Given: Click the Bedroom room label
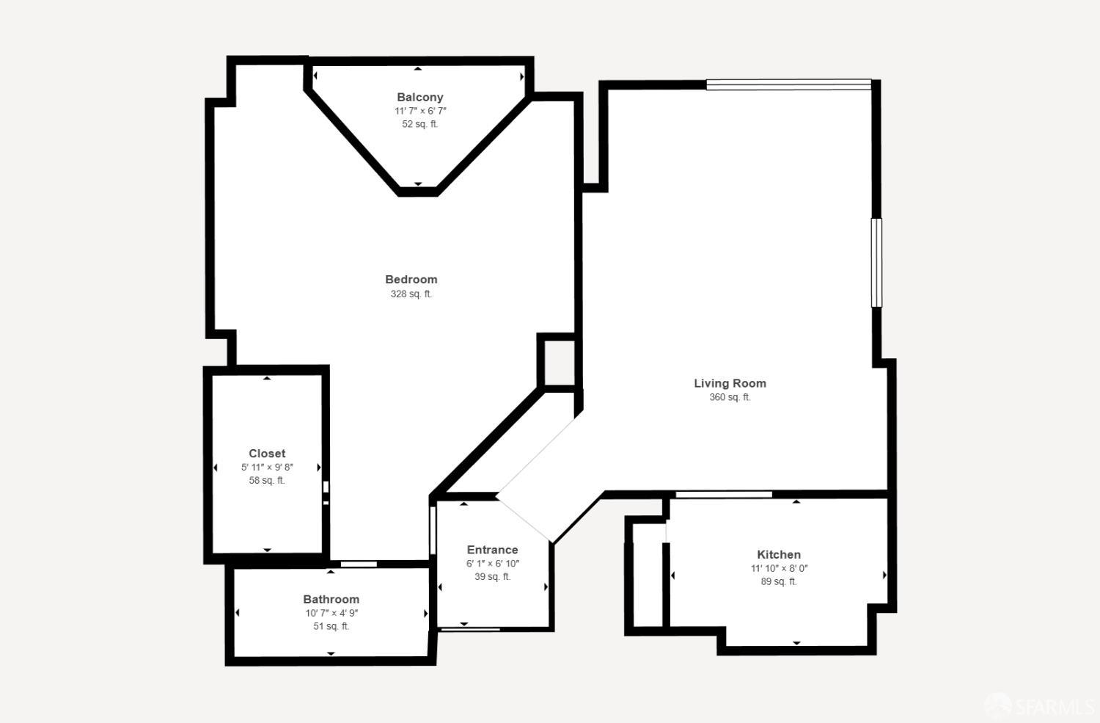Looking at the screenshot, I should coord(411,279).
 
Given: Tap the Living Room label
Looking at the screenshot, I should coord(730,383).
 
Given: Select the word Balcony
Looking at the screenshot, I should coord(419,97).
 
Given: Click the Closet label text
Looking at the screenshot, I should coord(267,454).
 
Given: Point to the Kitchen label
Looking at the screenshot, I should coord(778,554).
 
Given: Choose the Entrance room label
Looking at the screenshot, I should coord(492,550).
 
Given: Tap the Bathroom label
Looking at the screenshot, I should coord(331,599).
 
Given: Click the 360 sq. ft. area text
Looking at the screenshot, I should coord(730,397).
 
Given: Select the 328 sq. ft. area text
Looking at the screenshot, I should coord(411,294).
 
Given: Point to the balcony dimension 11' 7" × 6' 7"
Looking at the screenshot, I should coord(419,111).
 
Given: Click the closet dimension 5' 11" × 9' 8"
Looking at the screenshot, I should coord(267,467).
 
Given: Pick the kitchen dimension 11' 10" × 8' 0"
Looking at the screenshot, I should coord(778,568).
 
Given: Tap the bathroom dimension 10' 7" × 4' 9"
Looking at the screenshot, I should coord(331,613).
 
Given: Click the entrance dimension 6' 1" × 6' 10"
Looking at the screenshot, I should coord(492,564).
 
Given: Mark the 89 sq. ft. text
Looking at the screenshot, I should coord(778,581).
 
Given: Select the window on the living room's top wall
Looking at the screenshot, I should coord(788,85).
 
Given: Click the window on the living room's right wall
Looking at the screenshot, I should coord(876,262).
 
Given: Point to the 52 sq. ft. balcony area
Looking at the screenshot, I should coord(419,124).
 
